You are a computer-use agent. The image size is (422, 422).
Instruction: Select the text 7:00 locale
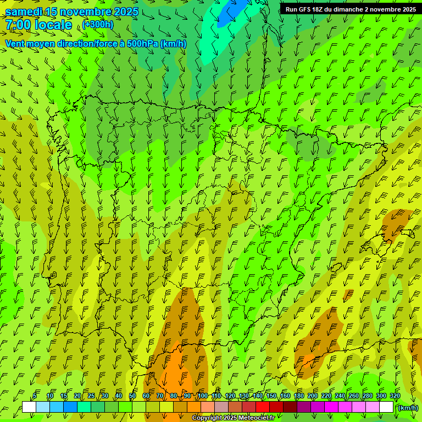[38, 25]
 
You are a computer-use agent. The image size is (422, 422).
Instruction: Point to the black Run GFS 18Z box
[349, 9]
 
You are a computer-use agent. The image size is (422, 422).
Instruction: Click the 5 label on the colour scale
[35, 396]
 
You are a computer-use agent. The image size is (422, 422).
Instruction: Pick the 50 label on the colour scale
[132, 396]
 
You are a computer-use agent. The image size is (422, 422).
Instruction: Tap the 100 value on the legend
[202, 396]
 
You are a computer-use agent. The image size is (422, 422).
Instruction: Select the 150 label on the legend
[271, 396]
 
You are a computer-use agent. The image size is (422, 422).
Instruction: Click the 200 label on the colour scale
[313, 396]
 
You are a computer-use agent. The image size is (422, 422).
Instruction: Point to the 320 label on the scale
[395, 396]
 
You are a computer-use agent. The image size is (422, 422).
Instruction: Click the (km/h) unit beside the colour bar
[408, 408]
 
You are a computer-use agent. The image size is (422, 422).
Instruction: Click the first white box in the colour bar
[29, 407]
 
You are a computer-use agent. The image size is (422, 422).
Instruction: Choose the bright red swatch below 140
[263, 407]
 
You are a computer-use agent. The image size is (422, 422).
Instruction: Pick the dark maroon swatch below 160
[290, 407]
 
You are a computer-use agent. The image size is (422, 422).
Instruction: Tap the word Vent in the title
[15, 44]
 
